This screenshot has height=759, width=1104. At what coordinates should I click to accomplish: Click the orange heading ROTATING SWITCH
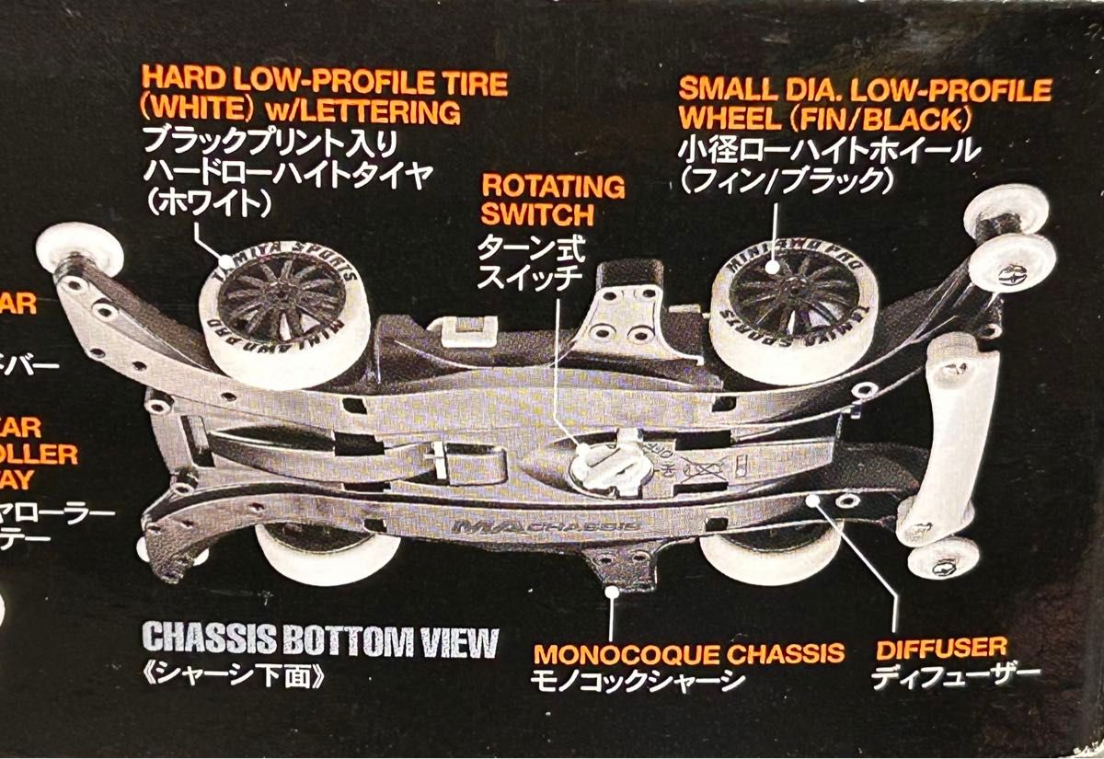[x=553, y=200]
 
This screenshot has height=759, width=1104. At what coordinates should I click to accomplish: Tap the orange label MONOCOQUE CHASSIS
[x=689, y=653]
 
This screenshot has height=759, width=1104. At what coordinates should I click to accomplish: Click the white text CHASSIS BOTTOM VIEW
[x=320, y=641]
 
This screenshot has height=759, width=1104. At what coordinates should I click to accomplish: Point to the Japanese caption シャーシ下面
[x=236, y=676]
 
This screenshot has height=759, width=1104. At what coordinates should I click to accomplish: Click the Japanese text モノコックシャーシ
[x=637, y=681]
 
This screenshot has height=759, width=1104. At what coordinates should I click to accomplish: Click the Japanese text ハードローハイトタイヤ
[x=286, y=173]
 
